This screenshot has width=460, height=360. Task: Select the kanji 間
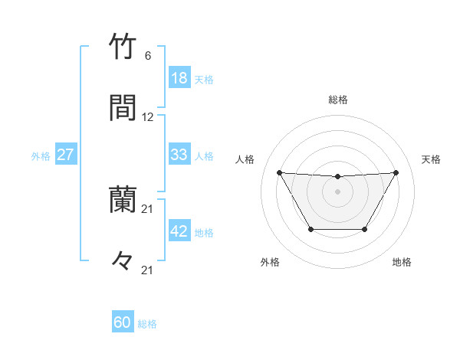(123, 108)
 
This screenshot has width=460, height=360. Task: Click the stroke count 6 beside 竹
(148, 56)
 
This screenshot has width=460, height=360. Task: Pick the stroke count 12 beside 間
(148, 117)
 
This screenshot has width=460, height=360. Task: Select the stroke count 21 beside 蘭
(148, 209)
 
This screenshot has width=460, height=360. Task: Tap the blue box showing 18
(179, 78)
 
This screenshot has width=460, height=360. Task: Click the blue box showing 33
(179, 155)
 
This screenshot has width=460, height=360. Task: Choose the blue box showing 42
(179, 231)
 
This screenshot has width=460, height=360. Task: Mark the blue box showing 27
(65, 155)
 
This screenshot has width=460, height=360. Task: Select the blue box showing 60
(122, 322)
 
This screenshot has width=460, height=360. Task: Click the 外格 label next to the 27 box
(41, 155)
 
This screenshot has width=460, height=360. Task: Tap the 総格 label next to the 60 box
(147, 323)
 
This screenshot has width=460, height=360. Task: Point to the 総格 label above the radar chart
(337, 100)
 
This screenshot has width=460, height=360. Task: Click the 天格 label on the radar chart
(432, 159)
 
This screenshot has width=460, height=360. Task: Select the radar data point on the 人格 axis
(279, 172)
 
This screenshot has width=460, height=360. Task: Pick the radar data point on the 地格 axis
(365, 229)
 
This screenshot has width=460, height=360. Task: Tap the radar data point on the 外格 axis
(310, 229)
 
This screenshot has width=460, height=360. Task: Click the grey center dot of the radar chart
(337, 191)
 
